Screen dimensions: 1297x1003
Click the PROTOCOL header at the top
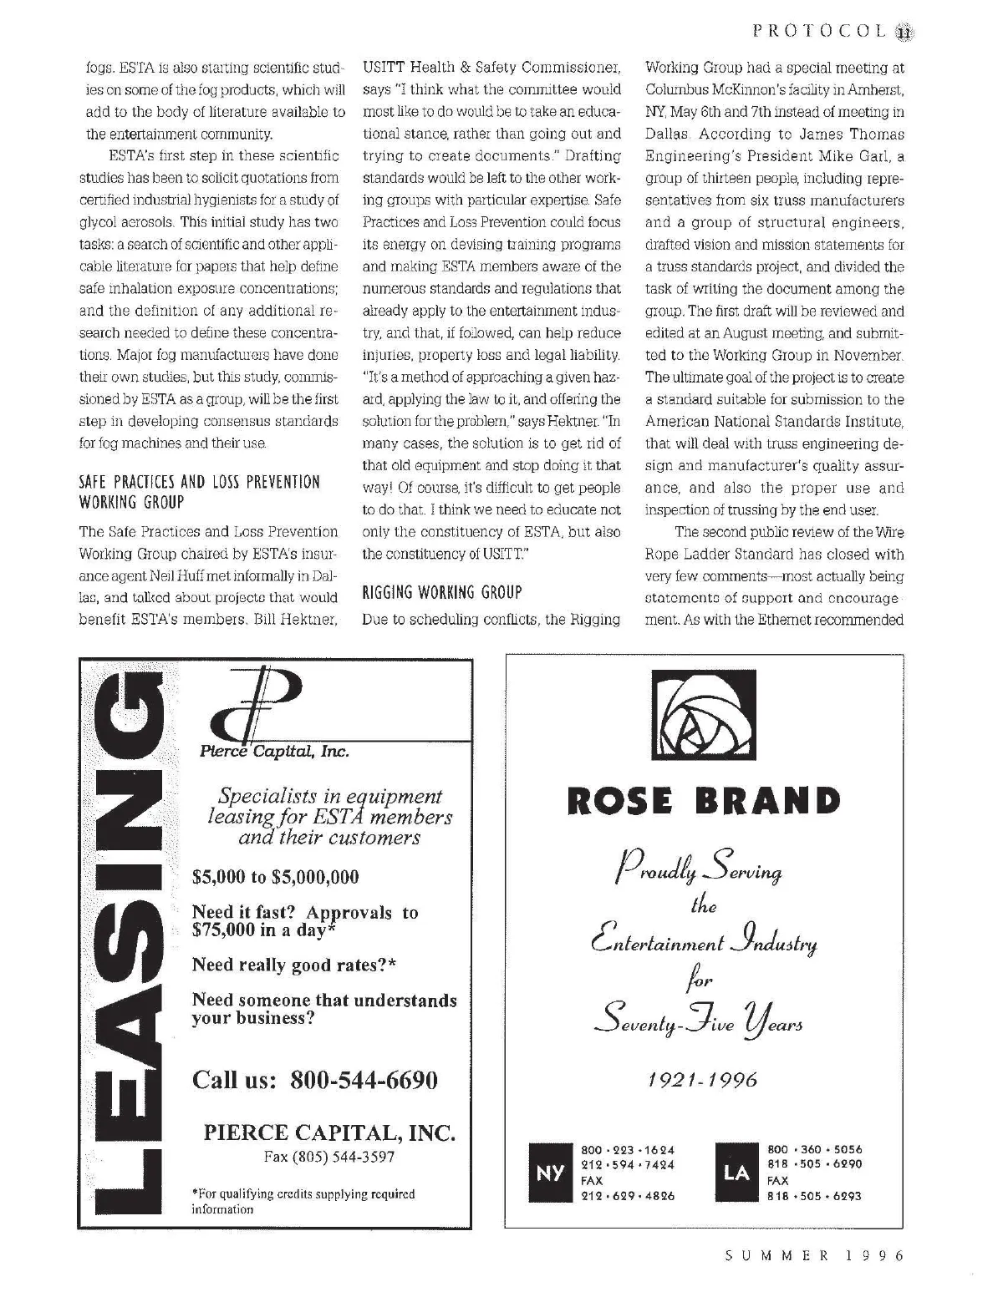click(x=818, y=31)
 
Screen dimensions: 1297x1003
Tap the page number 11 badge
click(x=904, y=32)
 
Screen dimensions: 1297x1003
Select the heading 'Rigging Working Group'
click(x=441, y=592)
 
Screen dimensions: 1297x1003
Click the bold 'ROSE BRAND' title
click(x=704, y=801)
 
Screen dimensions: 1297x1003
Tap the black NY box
click(x=549, y=1173)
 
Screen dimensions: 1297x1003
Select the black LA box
click(x=736, y=1173)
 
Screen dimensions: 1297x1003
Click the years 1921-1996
click(x=703, y=1080)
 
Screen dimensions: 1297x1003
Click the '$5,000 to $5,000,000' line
click(x=275, y=877)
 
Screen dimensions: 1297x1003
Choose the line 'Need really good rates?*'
click(x=293, y=965)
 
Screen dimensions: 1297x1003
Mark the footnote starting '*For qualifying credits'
click(x=303, y=1201)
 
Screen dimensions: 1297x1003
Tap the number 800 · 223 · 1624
click(x=628, y=1150)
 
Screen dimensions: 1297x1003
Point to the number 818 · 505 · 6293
click(x=814, y=1196)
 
